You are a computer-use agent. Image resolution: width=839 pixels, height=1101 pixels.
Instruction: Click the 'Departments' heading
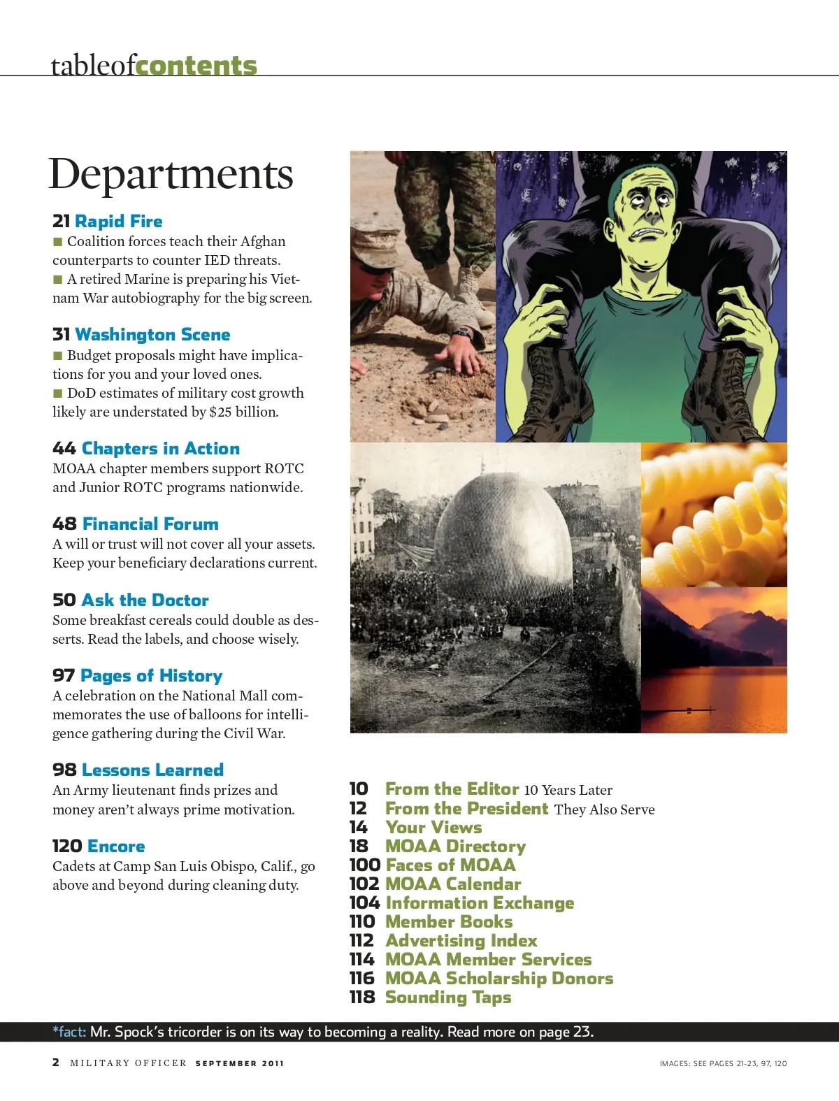pos(171,174)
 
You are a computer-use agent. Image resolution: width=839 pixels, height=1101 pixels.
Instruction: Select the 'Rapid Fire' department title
pos(118,222)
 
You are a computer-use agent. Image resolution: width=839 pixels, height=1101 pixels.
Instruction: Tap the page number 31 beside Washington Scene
pos(61,335)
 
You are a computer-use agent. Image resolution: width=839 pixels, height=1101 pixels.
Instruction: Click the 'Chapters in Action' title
pos(160,449)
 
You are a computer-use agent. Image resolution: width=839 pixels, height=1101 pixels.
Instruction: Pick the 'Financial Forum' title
pos(150,524)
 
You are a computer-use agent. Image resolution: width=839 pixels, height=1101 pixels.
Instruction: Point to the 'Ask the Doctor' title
pos(145,600)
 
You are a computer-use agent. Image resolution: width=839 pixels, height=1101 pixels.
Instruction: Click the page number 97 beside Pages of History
pos(63,676)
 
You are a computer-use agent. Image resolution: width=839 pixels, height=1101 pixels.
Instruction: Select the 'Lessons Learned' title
pos(152,770)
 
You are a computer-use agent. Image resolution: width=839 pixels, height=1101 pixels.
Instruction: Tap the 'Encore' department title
pos(117,847)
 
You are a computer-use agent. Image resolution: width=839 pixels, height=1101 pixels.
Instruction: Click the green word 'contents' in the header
pos(196,66)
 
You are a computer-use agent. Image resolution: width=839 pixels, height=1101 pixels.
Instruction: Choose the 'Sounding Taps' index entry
pos(447,998)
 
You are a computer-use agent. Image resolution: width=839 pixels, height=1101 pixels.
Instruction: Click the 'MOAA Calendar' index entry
pos(452,884)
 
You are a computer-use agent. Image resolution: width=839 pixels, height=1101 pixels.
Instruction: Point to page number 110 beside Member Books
pos(362,922)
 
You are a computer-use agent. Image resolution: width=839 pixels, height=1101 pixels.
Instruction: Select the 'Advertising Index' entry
pos(461,941)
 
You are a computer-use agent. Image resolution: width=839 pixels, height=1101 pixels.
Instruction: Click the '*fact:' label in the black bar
pos(69,1032)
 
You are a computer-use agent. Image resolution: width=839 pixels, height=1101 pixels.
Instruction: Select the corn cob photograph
pos(713,514)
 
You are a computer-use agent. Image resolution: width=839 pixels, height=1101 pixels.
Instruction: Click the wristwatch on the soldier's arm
pos(462,334)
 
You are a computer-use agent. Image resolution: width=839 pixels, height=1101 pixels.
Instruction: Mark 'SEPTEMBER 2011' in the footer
pos(239,1063)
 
